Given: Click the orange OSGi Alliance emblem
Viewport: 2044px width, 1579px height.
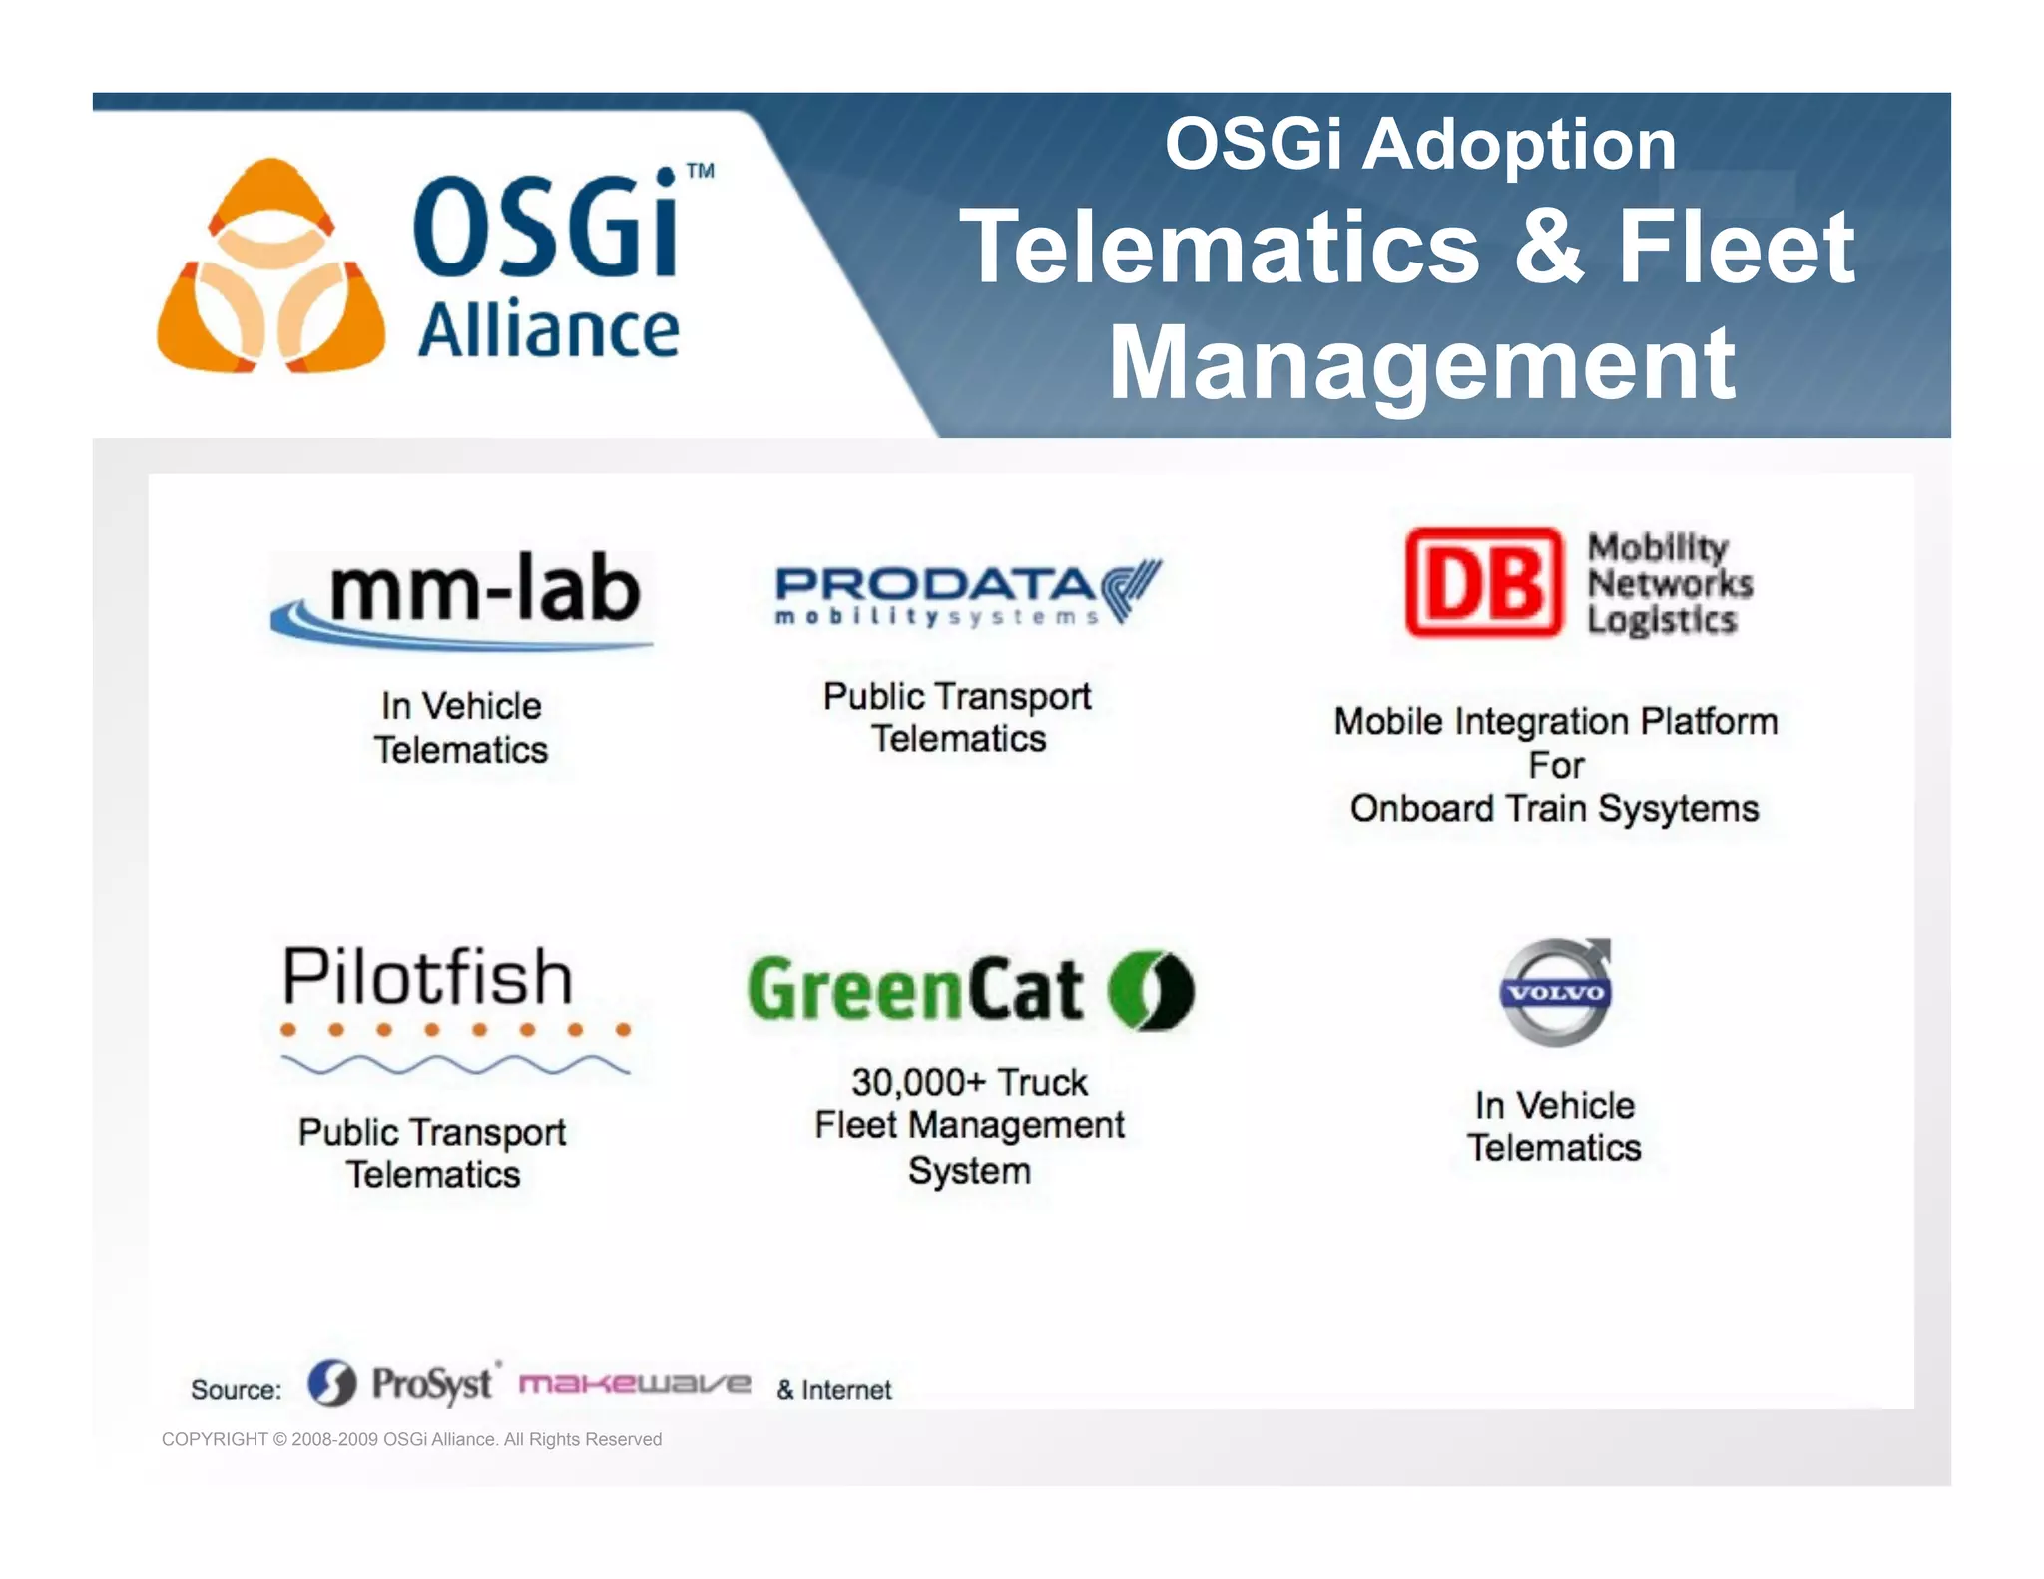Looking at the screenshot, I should [x=270, y=267].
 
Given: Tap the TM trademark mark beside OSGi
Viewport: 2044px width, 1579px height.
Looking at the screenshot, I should [x=701, y=171].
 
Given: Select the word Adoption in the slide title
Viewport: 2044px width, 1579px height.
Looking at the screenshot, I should [x=1519, y=145].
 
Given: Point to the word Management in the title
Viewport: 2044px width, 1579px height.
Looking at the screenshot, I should [x=1422, y=364].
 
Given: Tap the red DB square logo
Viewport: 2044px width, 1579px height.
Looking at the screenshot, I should [x=1483, y=583].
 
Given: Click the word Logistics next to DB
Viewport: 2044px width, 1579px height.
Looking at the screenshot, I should [x=1662, y=621].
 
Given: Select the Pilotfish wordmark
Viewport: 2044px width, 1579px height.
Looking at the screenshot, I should [x=428, y=976].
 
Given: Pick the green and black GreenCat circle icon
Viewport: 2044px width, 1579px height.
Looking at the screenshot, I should [x=1152, y=989].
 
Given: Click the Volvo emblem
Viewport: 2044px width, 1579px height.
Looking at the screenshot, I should [x=1556, y=992].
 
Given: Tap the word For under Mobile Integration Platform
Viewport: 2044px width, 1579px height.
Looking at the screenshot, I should [x=1556, y=766].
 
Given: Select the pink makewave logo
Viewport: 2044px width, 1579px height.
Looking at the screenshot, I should [x=635, y=1384].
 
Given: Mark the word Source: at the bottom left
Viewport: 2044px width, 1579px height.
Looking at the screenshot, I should [x=236, y=1390].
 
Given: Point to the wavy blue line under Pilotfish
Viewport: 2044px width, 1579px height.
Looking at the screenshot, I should [x=455, y=1065].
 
